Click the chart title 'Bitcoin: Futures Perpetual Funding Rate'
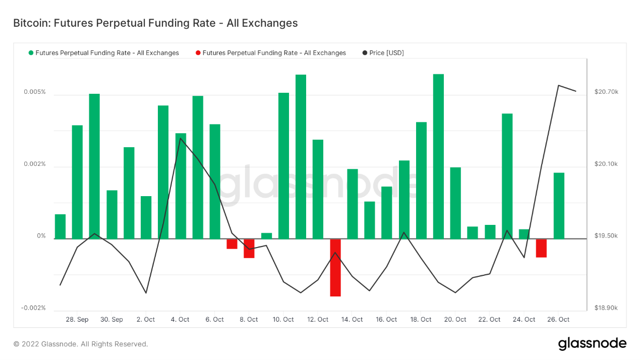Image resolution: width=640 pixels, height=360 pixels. tap(155, 23)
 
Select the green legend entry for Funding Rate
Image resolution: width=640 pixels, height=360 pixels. tap(103, 53)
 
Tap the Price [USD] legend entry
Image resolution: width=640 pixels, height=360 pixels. tap(383, 53)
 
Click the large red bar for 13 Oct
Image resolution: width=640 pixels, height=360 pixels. tap(335, 267)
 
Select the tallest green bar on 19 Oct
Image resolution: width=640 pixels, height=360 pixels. tap(438, 156)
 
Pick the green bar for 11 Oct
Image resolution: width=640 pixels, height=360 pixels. tap(301, 156)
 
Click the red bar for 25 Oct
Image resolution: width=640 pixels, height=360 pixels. tap(541, 248)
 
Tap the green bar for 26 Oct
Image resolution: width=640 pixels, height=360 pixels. tap(559, 206)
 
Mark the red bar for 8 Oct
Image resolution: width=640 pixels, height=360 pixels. tap(249, 248)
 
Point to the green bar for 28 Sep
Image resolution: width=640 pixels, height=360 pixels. tap(77, 182)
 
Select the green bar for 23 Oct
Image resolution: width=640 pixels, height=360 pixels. tap(507, 176)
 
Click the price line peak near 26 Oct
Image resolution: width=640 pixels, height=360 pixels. tap(558, 85)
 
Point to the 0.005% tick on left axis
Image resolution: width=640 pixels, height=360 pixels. tap(34, 92)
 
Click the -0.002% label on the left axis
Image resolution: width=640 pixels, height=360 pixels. tap(33, 308)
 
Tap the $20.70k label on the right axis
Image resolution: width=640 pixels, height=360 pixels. tap(606, 92)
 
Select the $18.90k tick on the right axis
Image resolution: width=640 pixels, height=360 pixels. tap(606, 308)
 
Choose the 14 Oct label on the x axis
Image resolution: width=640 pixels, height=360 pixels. tap(352, 320)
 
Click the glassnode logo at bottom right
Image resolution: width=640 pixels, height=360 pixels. tap(592, 344)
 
